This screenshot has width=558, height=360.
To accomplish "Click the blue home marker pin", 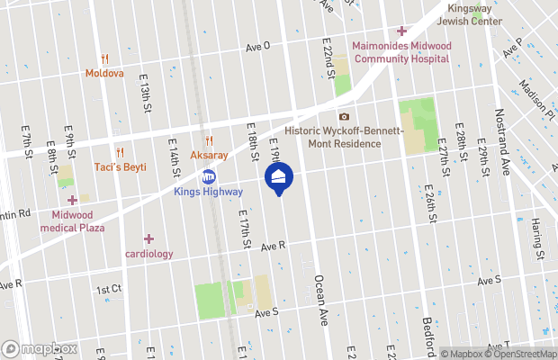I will [279, 177].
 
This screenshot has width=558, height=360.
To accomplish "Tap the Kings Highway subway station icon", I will [209, 177].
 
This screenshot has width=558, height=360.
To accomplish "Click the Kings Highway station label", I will [208, 192].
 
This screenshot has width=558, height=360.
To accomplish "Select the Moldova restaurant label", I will [105, 73].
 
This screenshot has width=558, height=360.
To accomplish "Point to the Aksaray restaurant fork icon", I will [209, 140].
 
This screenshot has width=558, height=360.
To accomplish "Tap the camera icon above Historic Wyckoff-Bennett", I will [344, 116].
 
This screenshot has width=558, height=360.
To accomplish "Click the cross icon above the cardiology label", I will [148, 238].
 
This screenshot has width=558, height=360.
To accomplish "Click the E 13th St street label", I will [144, 94].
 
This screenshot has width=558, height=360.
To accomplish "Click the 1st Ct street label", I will [108, 289].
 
